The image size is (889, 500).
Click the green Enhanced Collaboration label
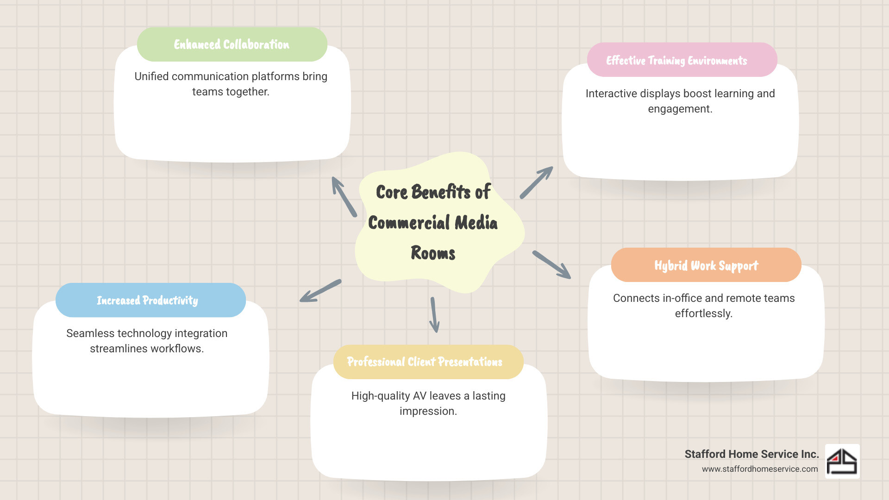(232, 44)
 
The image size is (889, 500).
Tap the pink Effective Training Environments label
(676, 61)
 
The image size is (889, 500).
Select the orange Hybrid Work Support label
(706, 265)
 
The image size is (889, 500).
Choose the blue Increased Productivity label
(147, 300)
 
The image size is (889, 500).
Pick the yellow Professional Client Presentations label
(425, 362)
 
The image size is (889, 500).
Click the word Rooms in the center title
(433, 253)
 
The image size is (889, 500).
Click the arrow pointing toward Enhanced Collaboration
(344, 197)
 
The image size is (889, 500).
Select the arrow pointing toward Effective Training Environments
(536, 183)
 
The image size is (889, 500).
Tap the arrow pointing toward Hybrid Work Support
(551, 265)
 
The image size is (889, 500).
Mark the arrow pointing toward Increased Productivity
(320, 291)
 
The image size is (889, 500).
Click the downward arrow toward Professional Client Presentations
(434, 315)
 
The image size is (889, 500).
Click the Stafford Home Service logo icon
(842, 461)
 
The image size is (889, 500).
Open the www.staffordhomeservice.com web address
(759, 469)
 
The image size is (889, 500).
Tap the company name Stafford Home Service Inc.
(751, 454)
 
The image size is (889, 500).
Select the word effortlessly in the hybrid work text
(703, 313)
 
